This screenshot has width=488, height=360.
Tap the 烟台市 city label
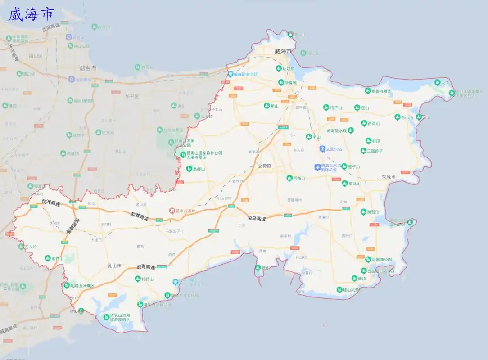pos(88,68)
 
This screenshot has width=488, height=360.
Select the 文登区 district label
pos(265,166)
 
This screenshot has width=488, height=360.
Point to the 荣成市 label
pos(388,177)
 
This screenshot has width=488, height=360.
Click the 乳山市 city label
pos(114,266)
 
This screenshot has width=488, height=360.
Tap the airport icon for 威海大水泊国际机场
pos(317,167)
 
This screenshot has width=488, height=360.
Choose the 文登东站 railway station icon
pos(322,148)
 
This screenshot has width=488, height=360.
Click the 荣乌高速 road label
pos(256,218)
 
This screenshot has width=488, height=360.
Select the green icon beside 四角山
pos(289,178)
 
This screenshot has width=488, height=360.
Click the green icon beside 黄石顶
pos(363,211)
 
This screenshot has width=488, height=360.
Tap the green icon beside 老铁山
pos(48,258)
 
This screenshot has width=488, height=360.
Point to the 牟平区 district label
pos(132,96)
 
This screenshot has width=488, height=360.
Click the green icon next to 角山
pos(267,106)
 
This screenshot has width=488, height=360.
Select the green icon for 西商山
pos(364,123)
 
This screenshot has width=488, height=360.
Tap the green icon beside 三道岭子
pos(363,151)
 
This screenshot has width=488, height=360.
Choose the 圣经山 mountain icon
pos(189,169)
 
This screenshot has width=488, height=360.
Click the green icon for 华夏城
pos(281,83)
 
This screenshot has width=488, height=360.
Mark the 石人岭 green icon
pos(21,247)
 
